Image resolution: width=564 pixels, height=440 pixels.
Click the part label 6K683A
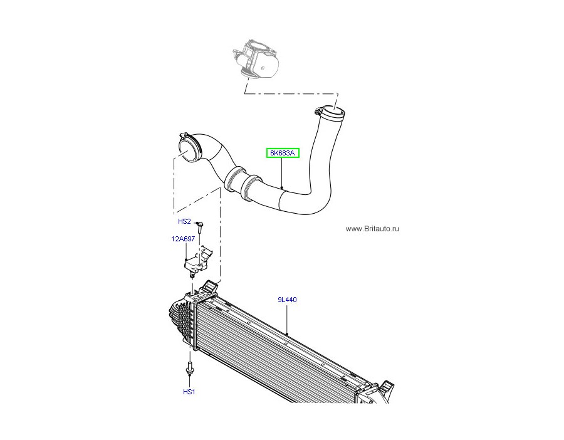click(283, 153)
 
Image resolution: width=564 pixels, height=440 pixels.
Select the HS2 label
click(184, 221)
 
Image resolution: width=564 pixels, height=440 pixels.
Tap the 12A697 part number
click(183, 239)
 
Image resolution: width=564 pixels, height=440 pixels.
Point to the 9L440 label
click(287, 300)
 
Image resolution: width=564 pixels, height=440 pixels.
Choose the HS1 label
click(189, 392)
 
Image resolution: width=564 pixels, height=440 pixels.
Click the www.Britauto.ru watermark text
click(372, 229)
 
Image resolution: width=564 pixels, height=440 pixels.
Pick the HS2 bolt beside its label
click(201, 228)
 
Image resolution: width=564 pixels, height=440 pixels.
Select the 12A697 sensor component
click(196, 261)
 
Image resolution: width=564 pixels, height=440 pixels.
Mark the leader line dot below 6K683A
click(282, 187)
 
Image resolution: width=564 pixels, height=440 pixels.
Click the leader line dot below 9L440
click(287, 334)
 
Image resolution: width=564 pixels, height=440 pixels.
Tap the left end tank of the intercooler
click(182, 320)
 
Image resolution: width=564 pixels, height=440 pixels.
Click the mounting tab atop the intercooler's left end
click(210, 287)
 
